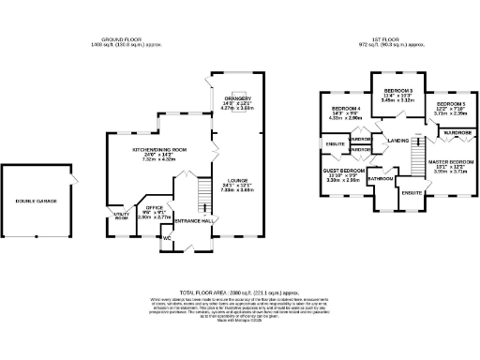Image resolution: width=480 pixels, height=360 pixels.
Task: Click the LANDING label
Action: (x=397, y=141)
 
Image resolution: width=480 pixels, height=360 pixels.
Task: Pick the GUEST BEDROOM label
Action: (x=343, y=171)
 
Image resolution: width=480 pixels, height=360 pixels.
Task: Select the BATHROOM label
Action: (x=380, y=178)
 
